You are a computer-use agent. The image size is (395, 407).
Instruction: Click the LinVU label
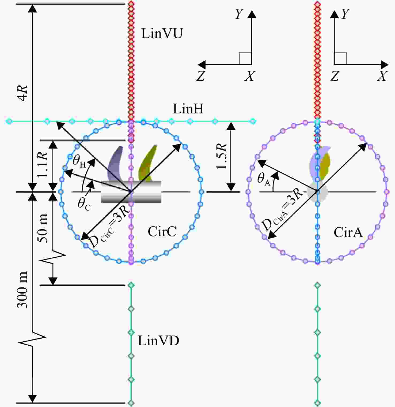click(x=162, y=34)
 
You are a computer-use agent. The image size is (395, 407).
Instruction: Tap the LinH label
click(x=188, y=109)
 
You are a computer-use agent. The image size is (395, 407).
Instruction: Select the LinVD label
click(x=158, y=341)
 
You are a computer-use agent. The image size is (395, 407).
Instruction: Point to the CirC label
click(x=162, y=231)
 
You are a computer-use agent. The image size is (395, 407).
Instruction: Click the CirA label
click(x=348, y=232)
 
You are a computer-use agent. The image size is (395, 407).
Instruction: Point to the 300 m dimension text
click(x=22, y=290)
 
